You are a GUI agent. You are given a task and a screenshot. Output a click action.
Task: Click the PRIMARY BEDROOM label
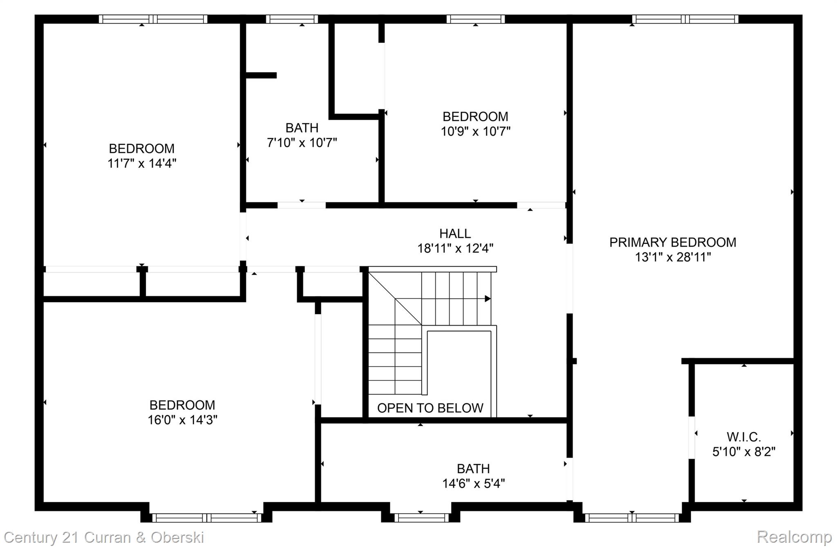(673, 242)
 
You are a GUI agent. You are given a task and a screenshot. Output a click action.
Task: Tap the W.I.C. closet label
(743, 437)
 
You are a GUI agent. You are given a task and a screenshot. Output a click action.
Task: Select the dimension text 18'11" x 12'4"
(455, 248)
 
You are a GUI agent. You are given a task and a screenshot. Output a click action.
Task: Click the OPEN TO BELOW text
(430, 408)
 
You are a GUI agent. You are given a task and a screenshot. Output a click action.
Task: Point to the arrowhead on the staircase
(488, 299)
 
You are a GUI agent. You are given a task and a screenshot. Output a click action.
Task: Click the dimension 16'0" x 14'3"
(182, 420)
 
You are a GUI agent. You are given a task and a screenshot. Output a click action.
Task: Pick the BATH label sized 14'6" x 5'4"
(473, 468)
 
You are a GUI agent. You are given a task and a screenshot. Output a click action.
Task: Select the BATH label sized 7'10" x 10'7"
(302, 128)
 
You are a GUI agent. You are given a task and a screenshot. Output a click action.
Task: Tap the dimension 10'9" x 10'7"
(475, 131)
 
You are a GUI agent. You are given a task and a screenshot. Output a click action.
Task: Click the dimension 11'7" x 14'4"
(142, 163)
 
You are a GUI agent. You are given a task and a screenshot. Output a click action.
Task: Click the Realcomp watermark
(794, 537)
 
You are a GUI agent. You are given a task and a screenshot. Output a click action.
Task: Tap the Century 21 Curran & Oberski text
(104, 537)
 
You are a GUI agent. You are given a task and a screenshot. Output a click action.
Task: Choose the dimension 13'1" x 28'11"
(673, 257)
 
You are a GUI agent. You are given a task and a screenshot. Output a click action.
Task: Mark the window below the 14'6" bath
(421, 518)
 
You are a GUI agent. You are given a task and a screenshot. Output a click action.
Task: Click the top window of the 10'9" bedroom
(475, 19)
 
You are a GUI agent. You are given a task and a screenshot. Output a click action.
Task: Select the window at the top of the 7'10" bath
(292, 19)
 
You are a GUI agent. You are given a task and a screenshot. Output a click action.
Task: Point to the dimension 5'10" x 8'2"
(743, 452)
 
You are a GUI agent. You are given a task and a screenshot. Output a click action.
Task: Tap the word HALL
(455, 233)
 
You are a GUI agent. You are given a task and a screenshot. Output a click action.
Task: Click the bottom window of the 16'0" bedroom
(206, 518)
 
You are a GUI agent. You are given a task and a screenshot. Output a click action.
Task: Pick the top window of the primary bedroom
(685, 19)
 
